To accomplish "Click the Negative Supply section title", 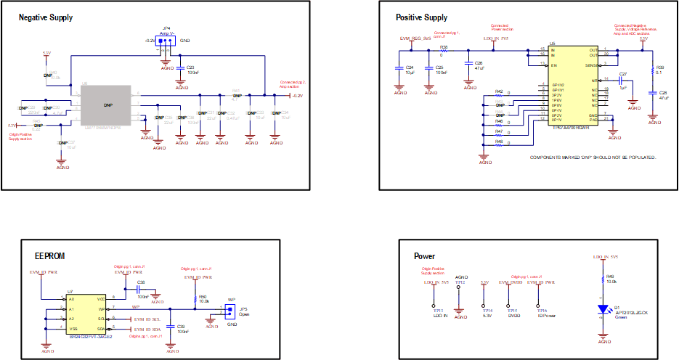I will (x=45, y=17).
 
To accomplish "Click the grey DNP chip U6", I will (x=107, y=105).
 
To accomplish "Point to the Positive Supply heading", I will (x=421, y=17).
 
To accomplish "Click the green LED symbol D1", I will (x=601, y=310).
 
